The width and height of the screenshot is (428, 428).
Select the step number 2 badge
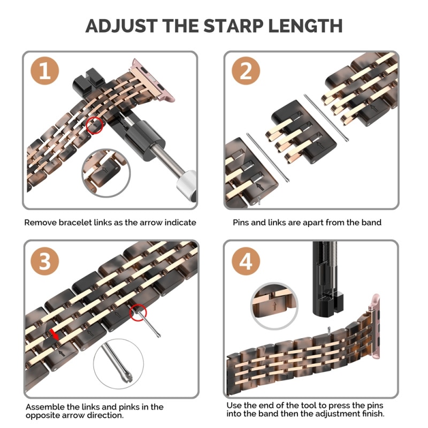tap(246, 72)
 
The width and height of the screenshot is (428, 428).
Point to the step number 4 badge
tap(246, 262)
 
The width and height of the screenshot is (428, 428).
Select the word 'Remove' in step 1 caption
tap(40, 222)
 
